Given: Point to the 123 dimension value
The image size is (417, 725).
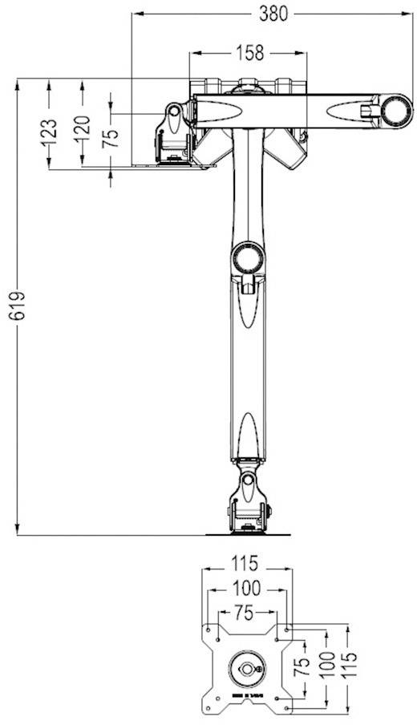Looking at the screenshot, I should (x=49, y=132).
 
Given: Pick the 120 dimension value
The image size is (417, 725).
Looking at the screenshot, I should (x=82, y=129).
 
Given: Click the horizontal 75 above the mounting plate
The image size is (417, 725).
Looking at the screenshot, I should (x=245, y=612).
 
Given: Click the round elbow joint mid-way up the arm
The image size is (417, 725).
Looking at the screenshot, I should (x=247, y=257).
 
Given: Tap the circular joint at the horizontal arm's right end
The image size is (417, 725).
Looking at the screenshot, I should (x=395, y=110).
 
